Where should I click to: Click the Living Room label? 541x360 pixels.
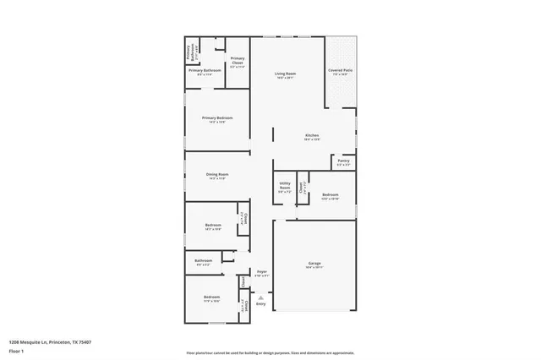pyautogui.click(x=285, y=74)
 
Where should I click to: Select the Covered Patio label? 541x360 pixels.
pyautogui.click(x=341, y=70)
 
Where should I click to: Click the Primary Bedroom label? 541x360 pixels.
pyautogui.click(x=216, y=117)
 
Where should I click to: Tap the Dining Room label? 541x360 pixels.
pyautogui.click(x=217, y=174)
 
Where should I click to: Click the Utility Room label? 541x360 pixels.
pyautogui.click(x=285, y=187)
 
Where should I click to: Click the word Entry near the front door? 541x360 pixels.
pyautogui.click(x=260, y=303)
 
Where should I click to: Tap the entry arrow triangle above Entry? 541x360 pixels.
pyautogui.click(x=260, y=297)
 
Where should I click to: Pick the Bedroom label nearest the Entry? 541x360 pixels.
pyautogui.click(x=210, y=298)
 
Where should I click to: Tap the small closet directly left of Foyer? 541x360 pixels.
pyautogui.click(x=243, y=281)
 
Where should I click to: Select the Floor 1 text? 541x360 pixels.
pyautogui.click(x=16, y=352)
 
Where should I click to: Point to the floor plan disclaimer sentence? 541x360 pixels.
pyautogui.click(x=270, y=352)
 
